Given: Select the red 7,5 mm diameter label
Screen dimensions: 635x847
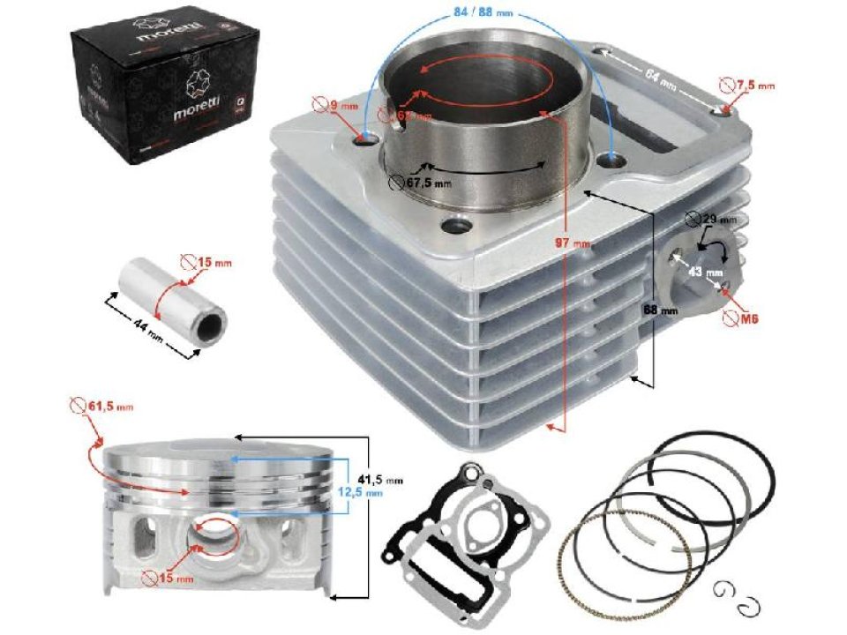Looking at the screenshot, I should [x=754, y=86].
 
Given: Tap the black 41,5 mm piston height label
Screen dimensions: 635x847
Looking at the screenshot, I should [x=381, y=479].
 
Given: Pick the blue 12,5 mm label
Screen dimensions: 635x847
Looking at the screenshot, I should [x=362, y=494].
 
